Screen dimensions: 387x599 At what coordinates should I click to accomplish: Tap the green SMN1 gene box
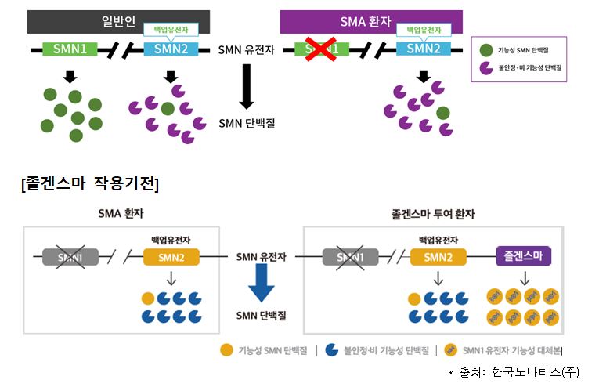coord(70,49)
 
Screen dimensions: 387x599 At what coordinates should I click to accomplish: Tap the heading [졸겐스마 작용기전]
coord(91,184)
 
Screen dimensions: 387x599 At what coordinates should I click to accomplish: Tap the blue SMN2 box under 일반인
coord(171,49)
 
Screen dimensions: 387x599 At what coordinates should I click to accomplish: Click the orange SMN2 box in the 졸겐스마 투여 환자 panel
coord(438,256)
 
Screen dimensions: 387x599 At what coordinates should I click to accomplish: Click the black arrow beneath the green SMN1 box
coord(70,76)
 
